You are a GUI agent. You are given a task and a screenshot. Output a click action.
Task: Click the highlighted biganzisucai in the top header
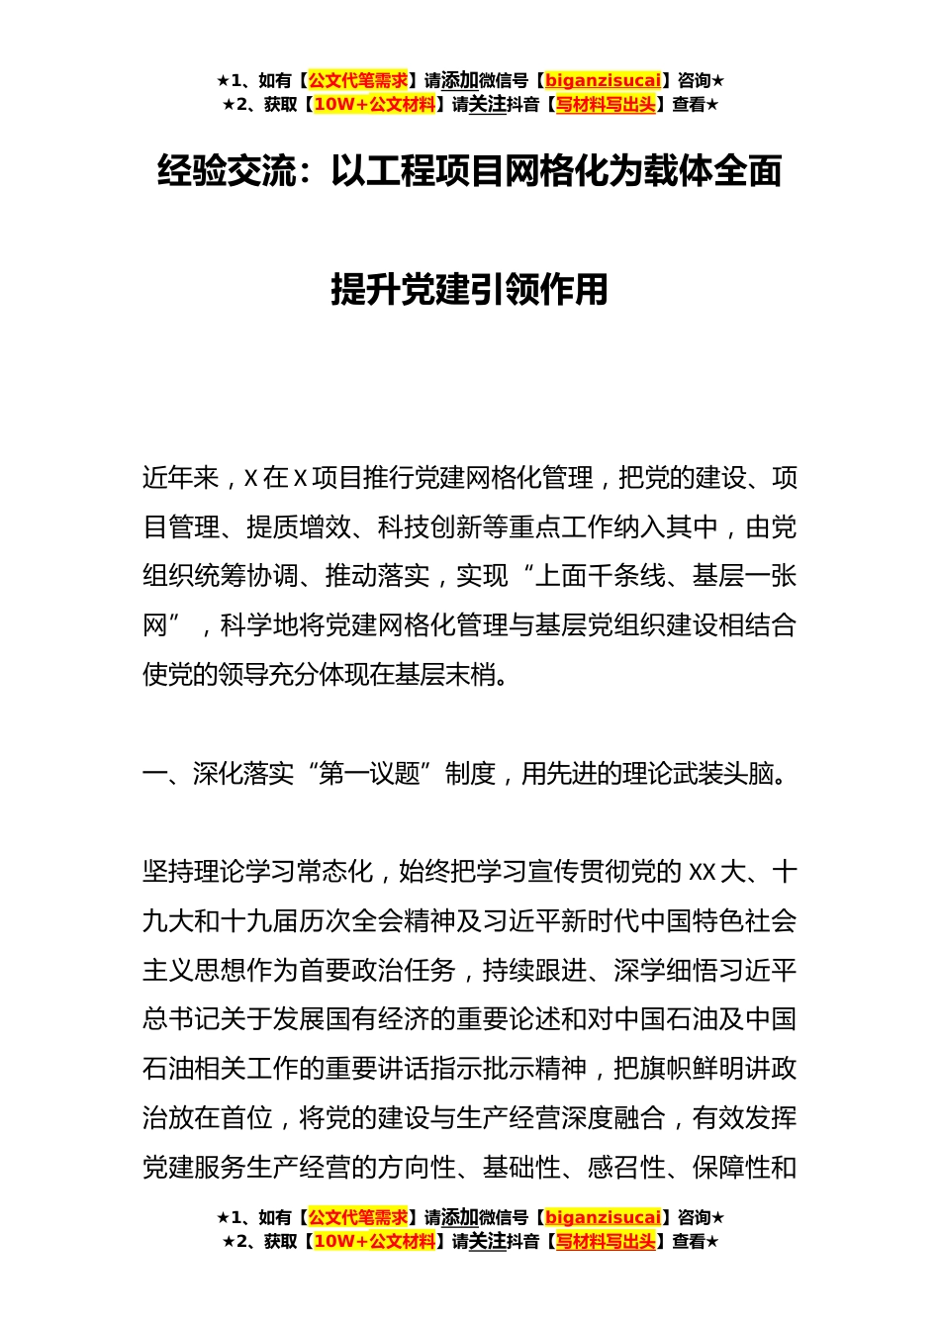coord(603,80)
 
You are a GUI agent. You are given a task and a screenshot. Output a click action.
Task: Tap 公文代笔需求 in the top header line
coord(358,80)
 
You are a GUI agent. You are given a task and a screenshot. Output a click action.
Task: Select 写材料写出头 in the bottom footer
coord(606,1241)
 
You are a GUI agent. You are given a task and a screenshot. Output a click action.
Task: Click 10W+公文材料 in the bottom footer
coord(374,1241)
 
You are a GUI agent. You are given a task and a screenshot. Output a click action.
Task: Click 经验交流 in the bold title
coord(227,171)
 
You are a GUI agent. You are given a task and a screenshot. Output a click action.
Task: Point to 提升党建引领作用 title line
coord(469,289)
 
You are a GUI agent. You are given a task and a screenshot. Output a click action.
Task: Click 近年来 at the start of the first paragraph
coord(181,478)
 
